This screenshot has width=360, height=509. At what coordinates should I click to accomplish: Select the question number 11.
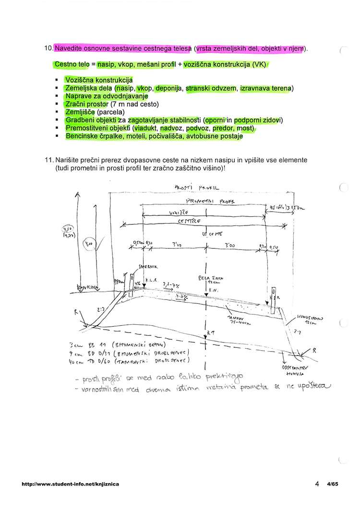tap(48, 159)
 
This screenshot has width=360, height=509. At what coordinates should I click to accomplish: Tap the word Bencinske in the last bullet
tap(83, 136)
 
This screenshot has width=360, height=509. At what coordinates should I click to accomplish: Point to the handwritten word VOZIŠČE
tap(179, 212)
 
